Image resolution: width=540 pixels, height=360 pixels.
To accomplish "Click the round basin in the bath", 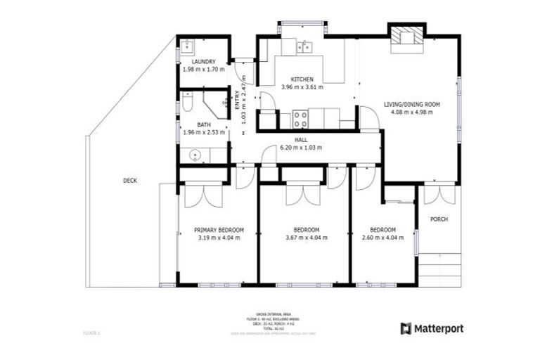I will (194, 155).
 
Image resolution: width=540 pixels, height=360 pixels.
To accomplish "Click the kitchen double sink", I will (304, 47).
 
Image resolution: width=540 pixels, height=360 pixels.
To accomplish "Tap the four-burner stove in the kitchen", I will (300, 119).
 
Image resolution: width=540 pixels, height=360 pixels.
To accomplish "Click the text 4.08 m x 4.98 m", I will (411, 112).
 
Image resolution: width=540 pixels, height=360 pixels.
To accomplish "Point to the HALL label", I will (301, 140).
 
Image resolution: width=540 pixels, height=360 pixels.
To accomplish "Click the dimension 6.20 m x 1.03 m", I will (301, 148).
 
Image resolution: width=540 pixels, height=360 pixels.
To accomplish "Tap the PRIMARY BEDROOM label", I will (219, 230).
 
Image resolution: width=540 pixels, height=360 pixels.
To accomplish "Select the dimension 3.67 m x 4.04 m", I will (307, 238).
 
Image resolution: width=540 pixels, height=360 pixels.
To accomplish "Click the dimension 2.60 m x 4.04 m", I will (382, 238).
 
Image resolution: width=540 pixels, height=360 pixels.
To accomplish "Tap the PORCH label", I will (439, 219).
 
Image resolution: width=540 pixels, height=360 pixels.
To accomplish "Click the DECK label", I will (130, 181).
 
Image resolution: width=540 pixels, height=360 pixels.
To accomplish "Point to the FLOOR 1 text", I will (93, 331).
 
